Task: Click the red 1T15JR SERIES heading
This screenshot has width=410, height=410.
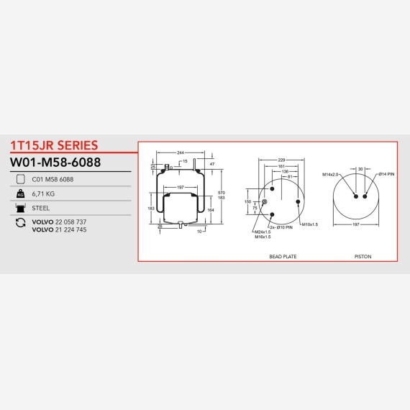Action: click(x=54, y=145)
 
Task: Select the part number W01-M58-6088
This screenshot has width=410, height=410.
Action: click(x=55, y=162)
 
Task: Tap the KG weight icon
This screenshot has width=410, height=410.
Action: click(x=20, y=193)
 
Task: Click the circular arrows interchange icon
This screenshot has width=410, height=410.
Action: click(x=20, y=223)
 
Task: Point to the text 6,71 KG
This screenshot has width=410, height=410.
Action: click(x=43, y=193)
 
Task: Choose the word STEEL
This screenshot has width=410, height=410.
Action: click(x=40, y=208)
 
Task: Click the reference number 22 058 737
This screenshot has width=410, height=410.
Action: click(x=71, y=222)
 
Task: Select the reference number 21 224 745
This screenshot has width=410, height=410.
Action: click(x=71, y=229)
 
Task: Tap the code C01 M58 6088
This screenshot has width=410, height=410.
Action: click(x=53, y=179)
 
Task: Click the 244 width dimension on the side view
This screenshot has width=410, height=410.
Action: click(x=181, y=152)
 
